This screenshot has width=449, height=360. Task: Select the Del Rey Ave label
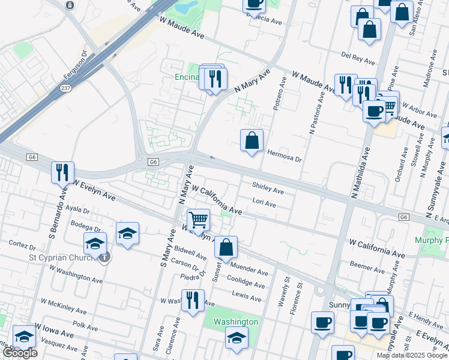(x=358, y=58)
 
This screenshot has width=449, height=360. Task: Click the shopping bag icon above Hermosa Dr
(x=252, y=141)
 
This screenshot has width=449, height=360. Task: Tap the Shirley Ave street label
(x=268, y=189)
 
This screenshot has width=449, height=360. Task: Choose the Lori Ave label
(x=264, y=203)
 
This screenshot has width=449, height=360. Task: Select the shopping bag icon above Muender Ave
(x=226, y=247)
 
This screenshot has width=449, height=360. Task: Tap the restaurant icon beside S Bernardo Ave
(x=63, y=173)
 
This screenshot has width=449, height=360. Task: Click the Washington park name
(x=236, y=322)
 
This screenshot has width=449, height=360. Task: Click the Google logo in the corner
(x=19, y=353)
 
